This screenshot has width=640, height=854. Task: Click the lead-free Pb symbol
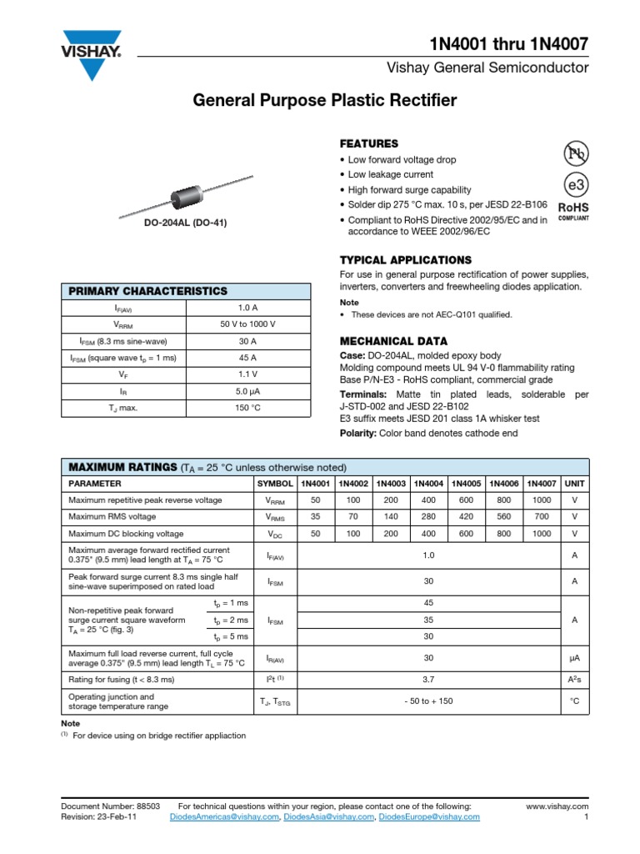point(576,153)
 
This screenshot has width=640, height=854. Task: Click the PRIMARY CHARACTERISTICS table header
point(147,291)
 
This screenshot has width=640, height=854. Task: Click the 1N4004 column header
point(428,484)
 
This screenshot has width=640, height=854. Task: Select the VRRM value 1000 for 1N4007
point(542,500)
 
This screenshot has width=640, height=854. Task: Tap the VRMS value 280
point(428,517)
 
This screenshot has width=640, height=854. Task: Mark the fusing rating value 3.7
point(428,680)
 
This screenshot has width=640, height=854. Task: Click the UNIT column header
point(574,484)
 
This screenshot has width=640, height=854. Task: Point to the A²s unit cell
point(574,680)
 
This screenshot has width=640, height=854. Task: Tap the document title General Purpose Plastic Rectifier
point(325,101)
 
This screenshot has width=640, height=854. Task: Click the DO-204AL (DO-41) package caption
point(185,223)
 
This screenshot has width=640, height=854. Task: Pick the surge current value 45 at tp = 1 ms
point(428,603)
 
